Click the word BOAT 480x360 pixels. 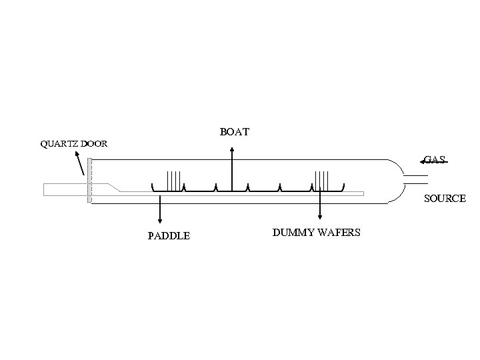click(235, 132)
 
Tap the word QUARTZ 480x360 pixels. click(59, 144)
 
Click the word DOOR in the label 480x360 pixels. click(93, 144)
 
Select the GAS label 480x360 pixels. click(434, 160)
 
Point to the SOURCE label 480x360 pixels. click(445, 199)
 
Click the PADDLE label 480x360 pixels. click(169, 235)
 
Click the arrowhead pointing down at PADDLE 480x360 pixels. click(159, 220)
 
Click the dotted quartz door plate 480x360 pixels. click(89, 180)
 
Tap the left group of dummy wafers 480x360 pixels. click(175, 181)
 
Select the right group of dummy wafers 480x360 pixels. click(322, 181)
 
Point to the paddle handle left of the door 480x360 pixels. click(63, 189)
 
